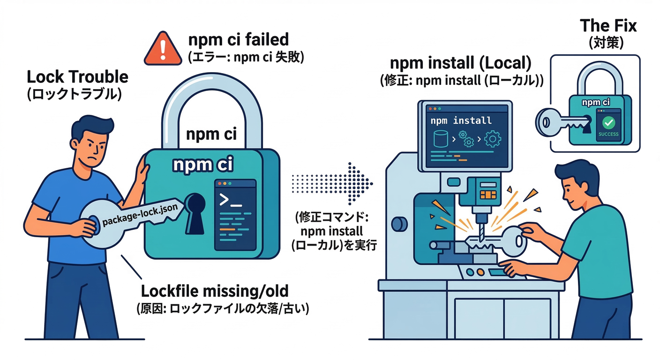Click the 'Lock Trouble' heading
pyautogui.click(x=77, y=77)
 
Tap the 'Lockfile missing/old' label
pyautogui.click(x=215, y=292)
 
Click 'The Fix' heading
pyautogui.click(x=608, y=25)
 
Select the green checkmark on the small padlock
pyautogui.click(x=608, y=123)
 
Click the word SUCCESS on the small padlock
pyautogui.click(x=608, y=134)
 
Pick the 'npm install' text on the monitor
pyautogui.click(x=461, y=120)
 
